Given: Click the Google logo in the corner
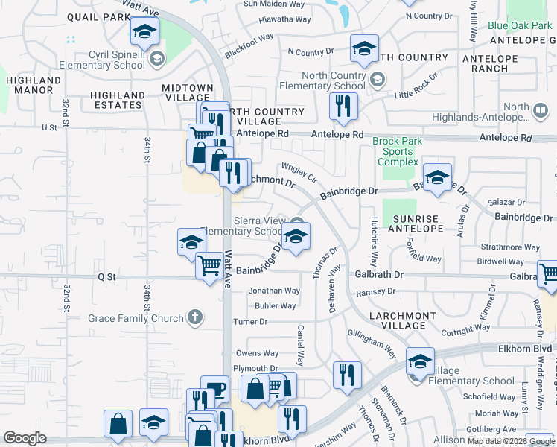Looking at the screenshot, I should coord(25,438).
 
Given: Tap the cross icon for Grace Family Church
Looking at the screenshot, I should coord(194,318).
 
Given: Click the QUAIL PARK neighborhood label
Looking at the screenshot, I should coord(98,16).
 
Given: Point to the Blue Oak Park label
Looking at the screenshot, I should coord(520,25).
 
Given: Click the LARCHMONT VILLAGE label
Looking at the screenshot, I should coord(401,320).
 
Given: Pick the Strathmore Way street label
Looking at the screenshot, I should coord(509,247).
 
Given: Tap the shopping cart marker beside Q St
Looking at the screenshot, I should coord(209,265).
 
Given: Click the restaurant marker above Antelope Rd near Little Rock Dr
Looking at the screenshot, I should coord(343,107).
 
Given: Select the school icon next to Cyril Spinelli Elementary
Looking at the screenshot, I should coord(156,58).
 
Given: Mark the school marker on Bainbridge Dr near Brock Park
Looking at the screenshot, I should coord(437,177).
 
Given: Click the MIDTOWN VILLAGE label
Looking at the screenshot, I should coord(188,92).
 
